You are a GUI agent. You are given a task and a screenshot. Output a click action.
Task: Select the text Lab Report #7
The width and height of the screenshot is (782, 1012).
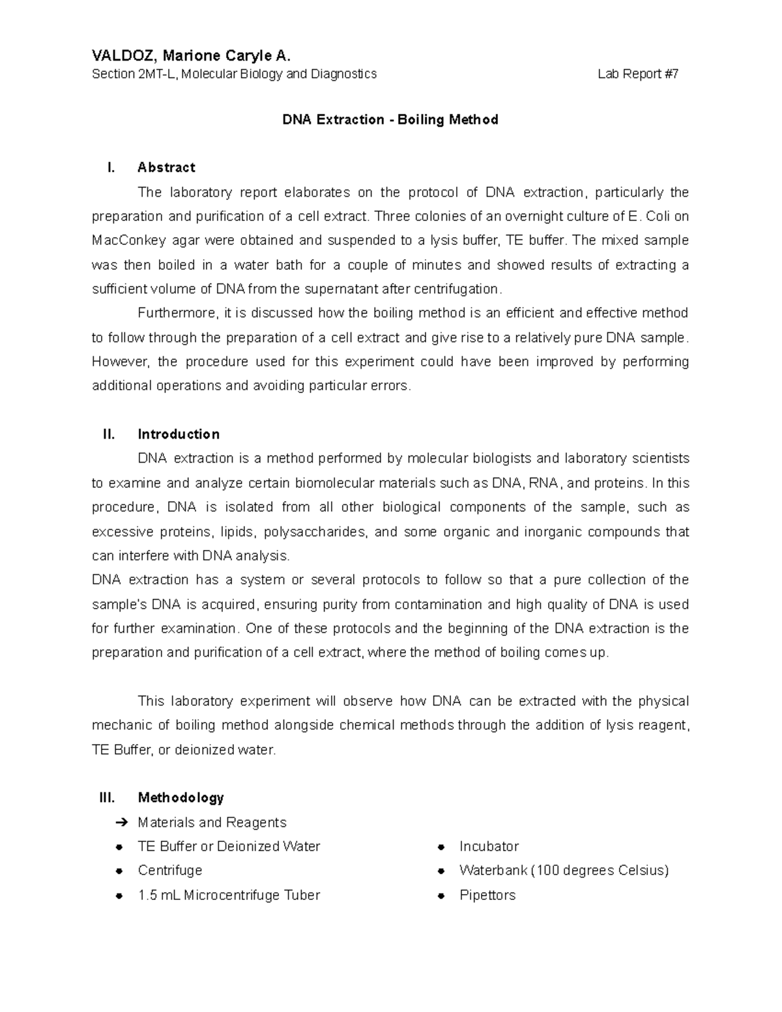(638, 74)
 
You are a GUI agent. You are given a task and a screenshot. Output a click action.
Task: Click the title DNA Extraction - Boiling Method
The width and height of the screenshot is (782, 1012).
(390, 120)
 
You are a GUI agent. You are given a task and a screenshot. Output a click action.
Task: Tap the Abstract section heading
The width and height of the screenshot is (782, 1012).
(166, 167)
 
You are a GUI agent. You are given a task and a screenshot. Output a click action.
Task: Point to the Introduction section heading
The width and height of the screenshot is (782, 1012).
(179, 434)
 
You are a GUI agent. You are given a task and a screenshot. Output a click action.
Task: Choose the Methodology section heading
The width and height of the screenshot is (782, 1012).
(181, 798)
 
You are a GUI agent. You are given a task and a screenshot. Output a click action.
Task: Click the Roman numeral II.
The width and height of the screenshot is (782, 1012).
(109, 434)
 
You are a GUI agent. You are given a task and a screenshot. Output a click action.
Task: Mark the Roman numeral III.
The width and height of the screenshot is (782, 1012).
(107, 798)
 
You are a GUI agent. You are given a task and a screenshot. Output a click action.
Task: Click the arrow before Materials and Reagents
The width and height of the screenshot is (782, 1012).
(119, 822)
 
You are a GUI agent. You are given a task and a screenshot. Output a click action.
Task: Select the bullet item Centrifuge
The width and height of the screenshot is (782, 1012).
(169, 871)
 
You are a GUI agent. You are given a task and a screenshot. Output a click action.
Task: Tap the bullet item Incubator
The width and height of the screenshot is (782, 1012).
(489, 846)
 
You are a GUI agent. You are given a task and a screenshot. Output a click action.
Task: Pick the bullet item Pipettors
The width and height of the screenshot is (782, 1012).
(487, 895)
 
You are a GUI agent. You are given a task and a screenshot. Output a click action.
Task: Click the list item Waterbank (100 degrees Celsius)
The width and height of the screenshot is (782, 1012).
(564, 871)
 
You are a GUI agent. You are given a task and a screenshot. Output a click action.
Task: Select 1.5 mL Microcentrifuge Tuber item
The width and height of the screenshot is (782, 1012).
(229, 895)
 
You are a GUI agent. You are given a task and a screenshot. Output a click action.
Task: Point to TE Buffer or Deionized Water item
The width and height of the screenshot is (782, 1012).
(229, 846)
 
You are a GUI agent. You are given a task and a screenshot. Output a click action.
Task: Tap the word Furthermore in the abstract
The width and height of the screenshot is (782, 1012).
(175, 313)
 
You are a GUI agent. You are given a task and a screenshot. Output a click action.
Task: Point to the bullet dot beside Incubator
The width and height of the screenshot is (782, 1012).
(441, 847)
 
